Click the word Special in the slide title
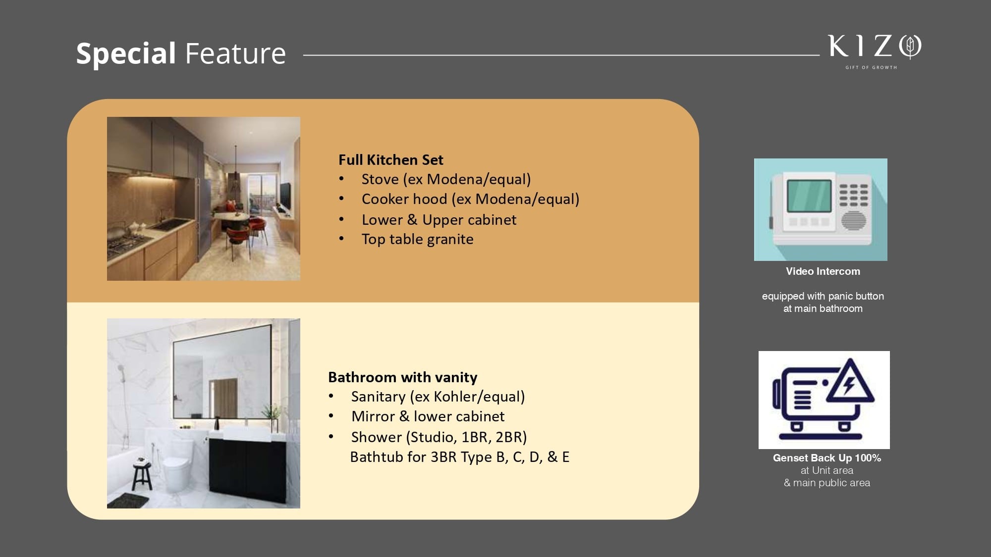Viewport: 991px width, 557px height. coord(126,53)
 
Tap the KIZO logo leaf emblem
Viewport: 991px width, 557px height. coord(910,47)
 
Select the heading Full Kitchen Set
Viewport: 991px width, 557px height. coord(391,160)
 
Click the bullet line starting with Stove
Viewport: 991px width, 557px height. coord(446,179)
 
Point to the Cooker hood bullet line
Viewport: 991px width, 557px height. coord(470,199)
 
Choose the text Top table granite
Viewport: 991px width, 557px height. coord(417,239)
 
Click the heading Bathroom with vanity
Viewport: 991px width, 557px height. coord(403,377)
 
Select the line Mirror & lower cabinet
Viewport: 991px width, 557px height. coord(428,416)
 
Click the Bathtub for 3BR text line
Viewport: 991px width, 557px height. coord(460,457)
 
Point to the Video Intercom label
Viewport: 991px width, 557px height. coord(823,271)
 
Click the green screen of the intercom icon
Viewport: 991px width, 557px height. coord(809,196)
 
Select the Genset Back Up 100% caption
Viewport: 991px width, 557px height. coord(827,458)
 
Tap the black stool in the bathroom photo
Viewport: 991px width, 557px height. coord(142,474)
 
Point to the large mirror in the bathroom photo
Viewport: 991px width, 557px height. coord(222,371)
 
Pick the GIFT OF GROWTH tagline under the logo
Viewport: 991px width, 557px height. coord(871,67)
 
